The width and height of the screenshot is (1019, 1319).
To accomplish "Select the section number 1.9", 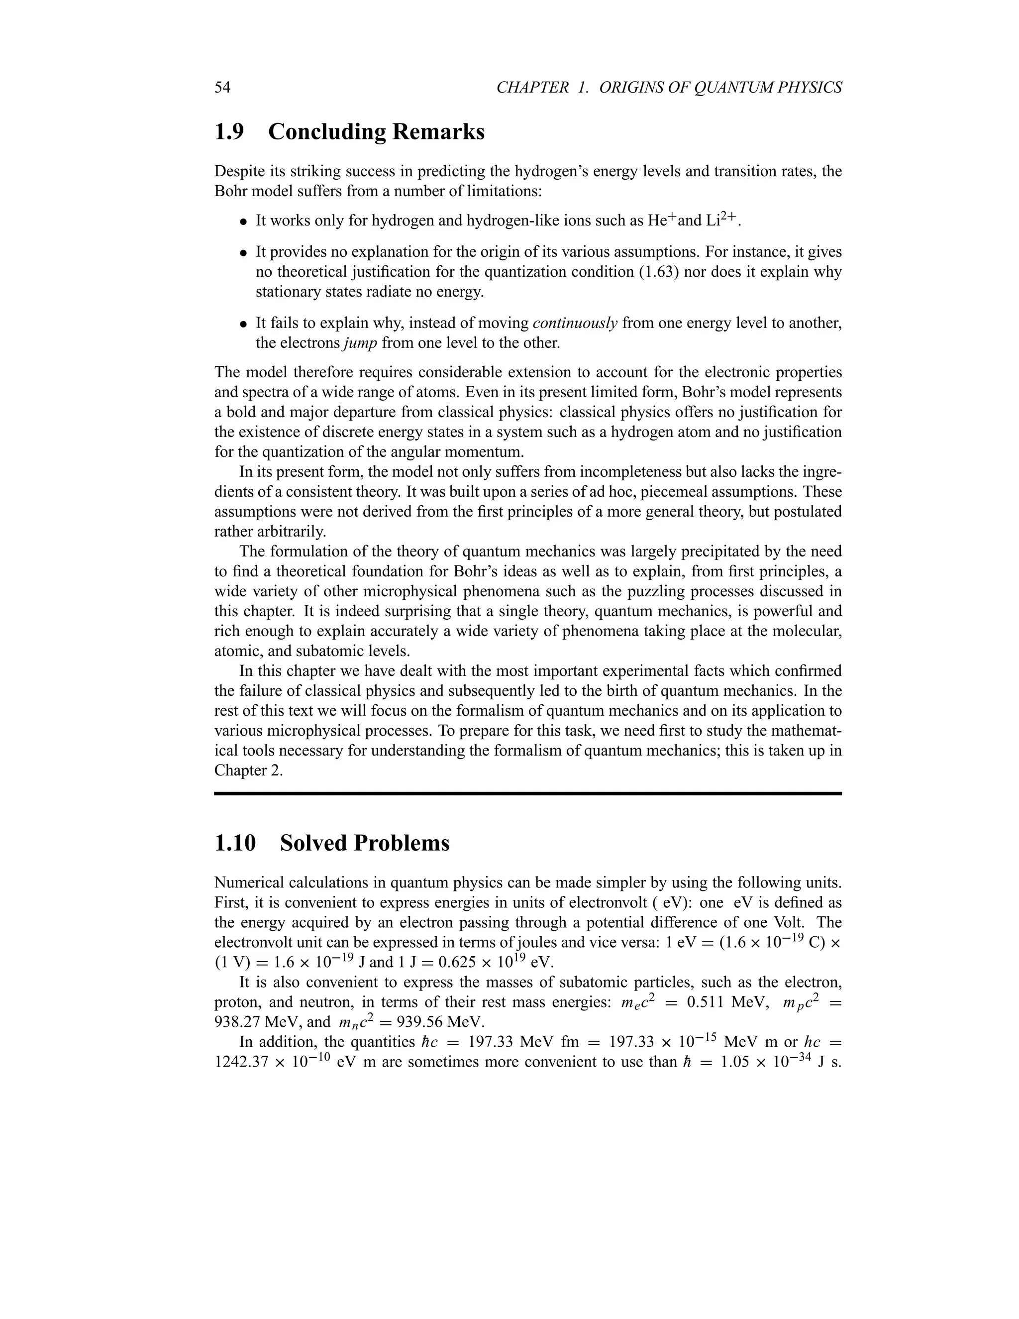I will tap(229, 132).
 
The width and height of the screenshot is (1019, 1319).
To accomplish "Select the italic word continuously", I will tap(575, 324).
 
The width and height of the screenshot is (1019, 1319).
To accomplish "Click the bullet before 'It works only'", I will tap(243, 221).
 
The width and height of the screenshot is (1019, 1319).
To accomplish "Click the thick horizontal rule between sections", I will tap(527, 793).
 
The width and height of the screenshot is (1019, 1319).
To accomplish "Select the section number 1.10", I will tap(235, 843).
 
